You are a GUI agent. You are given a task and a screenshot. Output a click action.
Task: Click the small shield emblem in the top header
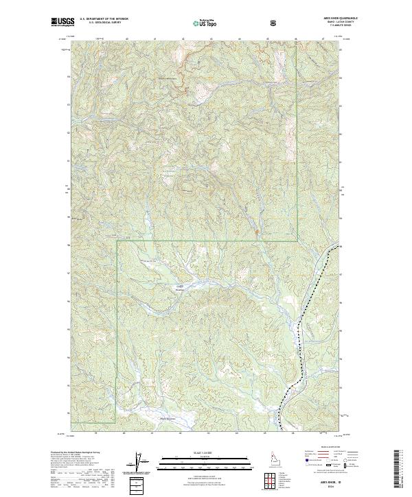(274, 23)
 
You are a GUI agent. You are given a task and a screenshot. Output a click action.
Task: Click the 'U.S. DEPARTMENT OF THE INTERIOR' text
(102, 20)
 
